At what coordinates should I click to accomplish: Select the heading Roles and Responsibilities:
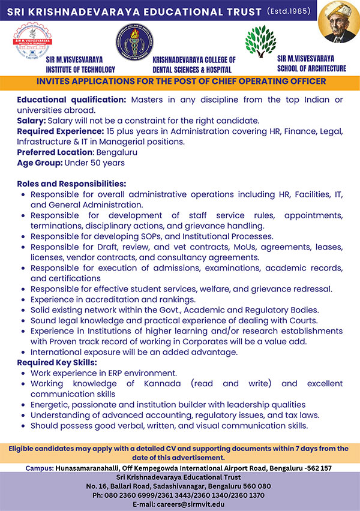71,184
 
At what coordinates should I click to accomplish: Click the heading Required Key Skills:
57,362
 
